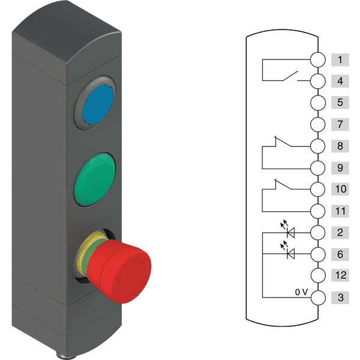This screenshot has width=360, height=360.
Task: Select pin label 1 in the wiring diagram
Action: point(340,59)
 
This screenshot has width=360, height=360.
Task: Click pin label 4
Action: point(340,81)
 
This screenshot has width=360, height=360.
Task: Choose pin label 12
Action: point(340,275)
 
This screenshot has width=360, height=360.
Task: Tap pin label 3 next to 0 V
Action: point(340,297)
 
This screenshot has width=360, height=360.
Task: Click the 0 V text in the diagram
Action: point(304,292)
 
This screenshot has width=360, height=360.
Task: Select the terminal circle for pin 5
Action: point(317,103)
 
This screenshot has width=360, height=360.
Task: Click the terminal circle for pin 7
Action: point(317,124)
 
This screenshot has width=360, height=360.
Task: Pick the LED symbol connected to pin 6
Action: point(291,254)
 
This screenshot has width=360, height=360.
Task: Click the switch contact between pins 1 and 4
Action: point(291,75)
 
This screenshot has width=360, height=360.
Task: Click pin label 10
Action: point(340,189)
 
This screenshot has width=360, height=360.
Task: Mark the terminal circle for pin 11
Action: point(317,211)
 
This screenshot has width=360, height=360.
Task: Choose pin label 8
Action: point(340,146)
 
